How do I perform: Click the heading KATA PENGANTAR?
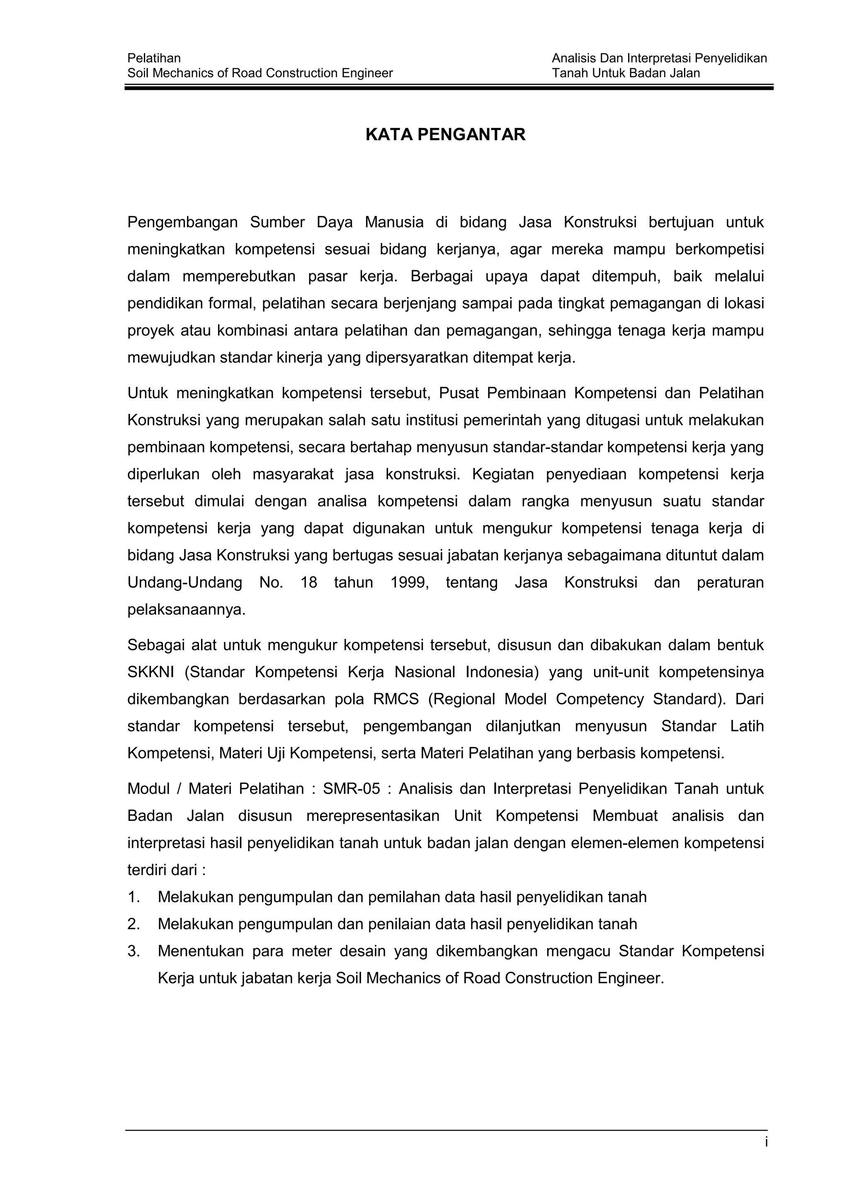tap(445, 135)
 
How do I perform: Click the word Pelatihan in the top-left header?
tap(154, 58)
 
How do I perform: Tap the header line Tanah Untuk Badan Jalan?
tap(626, 73)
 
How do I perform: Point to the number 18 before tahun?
tap(308, 583)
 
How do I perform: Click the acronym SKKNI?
tap(150, 672)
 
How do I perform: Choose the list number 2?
tap(133, 924)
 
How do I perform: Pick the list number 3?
tap(133, 951)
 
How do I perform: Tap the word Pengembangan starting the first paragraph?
tap(182, 223)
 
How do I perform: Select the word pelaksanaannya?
tap(186, 610)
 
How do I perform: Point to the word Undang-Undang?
tap(184, 583)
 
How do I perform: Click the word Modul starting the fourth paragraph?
tap(148, 789)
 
